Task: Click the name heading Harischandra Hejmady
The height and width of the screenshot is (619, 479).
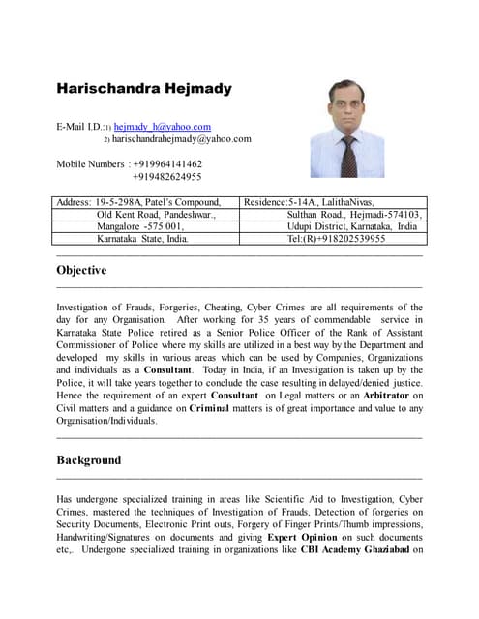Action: click(x=144, y=89)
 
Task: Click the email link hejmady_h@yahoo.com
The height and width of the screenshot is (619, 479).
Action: click(x=162, y=126)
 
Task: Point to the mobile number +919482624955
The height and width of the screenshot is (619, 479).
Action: click(x=166, y=176)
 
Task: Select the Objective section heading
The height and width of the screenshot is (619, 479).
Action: click(x=81, y=271)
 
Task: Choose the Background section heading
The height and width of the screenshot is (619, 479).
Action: click(x=88, y=459)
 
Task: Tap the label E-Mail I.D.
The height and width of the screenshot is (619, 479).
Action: click(x=79, y=127)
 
